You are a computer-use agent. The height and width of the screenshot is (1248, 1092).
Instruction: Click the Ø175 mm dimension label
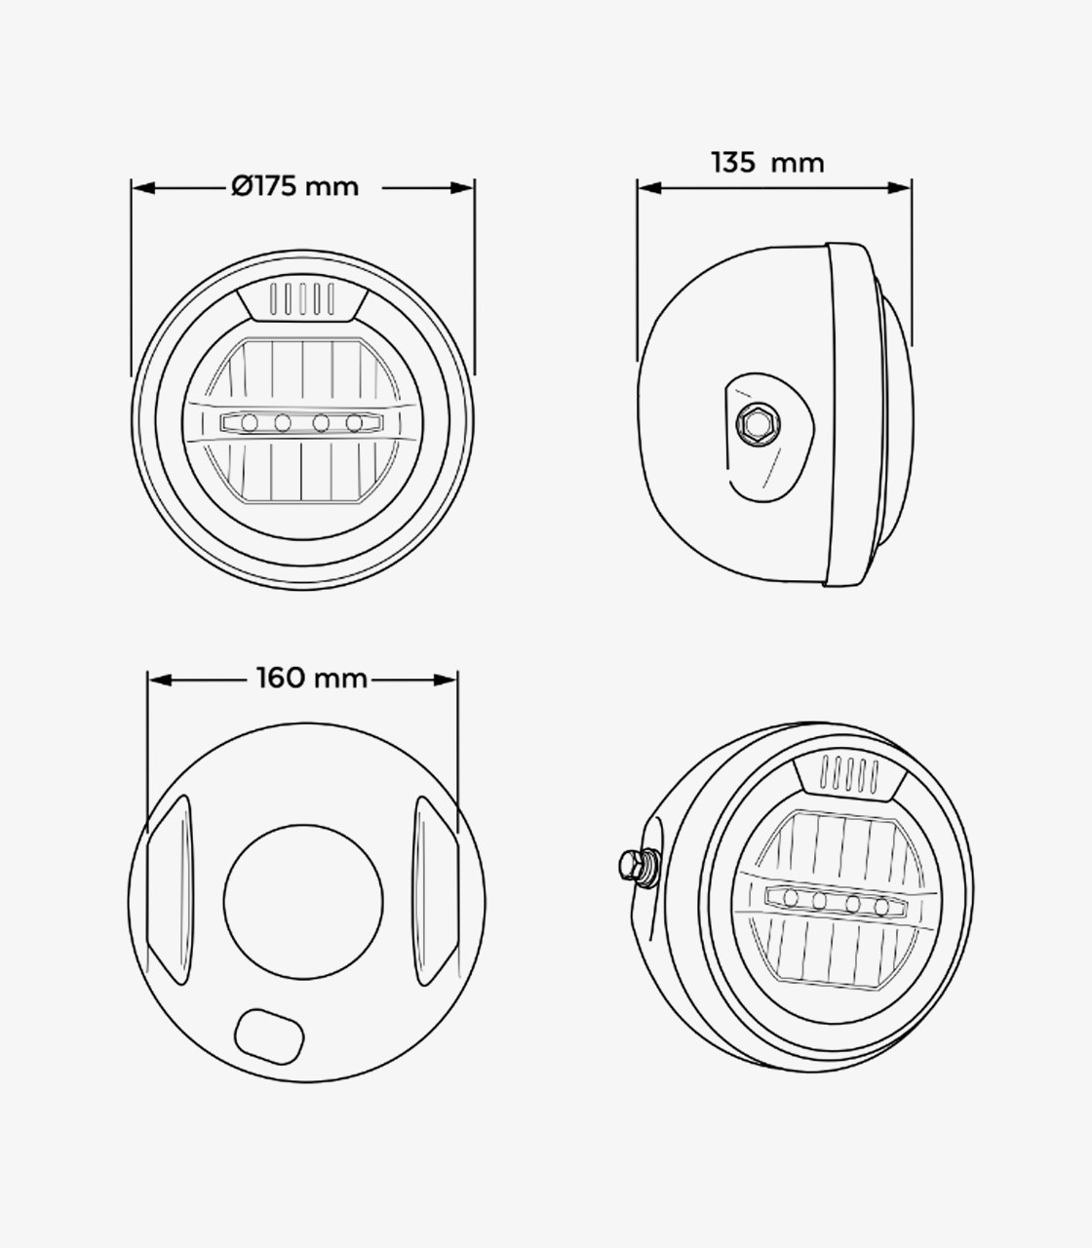click(294, 186)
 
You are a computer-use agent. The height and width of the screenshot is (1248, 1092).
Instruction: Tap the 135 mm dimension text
click(768, 163)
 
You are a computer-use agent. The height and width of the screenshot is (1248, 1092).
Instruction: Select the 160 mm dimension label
click(312, 679)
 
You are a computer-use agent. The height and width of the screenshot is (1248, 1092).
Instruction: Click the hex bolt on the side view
click(754, 421)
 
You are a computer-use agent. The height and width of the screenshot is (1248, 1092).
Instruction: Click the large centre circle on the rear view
click(303, 902)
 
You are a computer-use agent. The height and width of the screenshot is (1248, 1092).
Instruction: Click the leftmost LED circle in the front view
click(250, 422)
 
